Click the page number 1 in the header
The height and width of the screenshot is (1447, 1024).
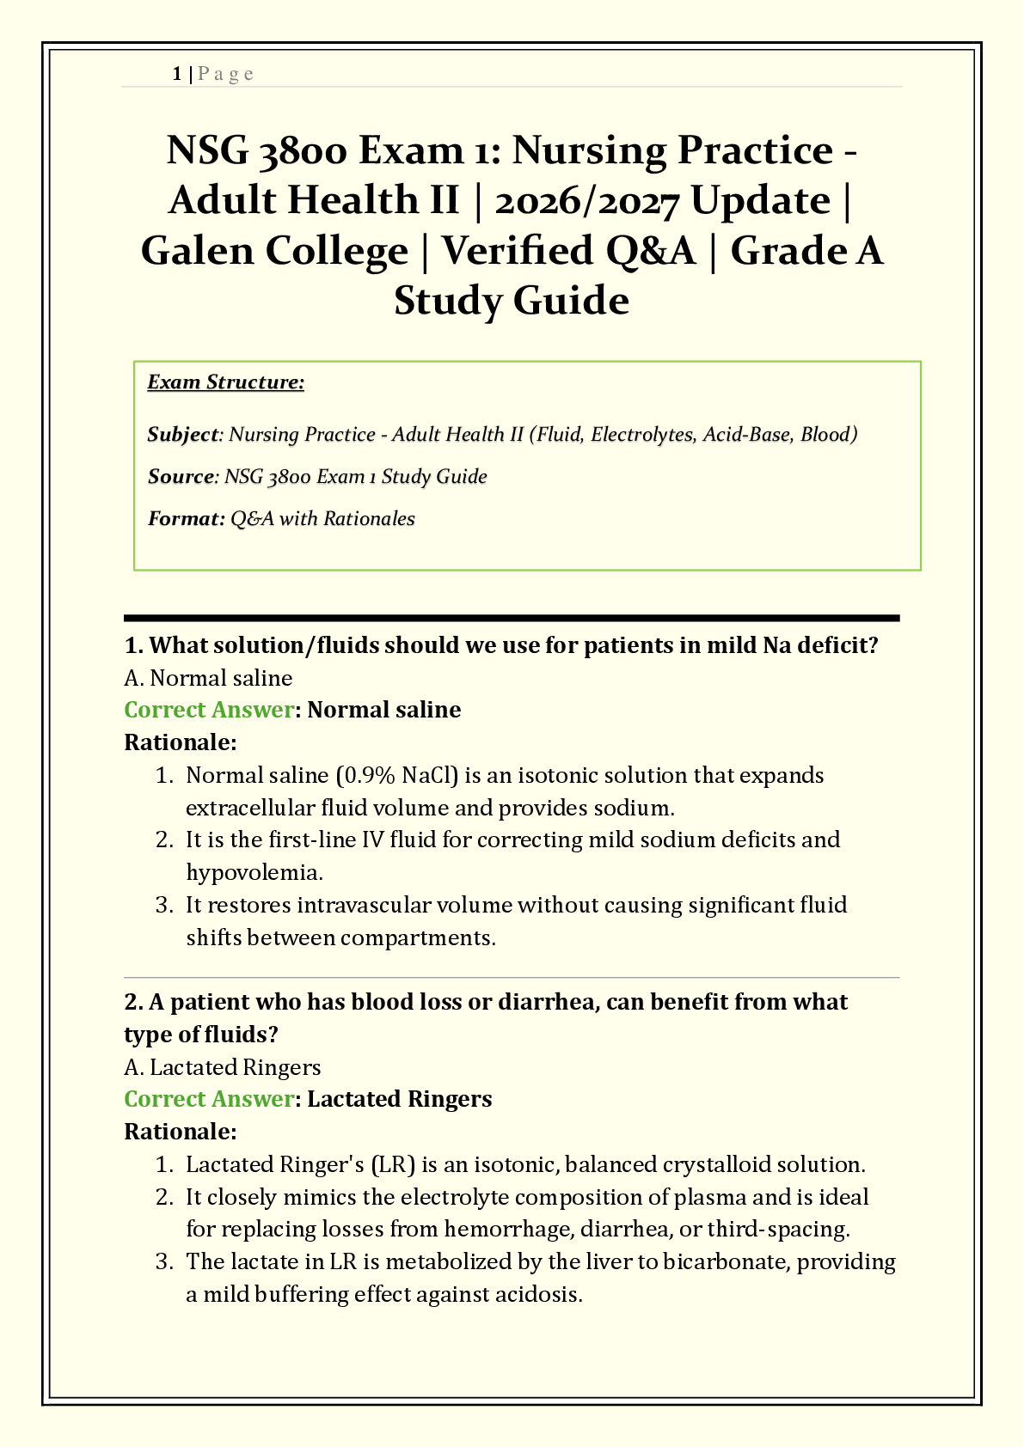[x=176, y=74]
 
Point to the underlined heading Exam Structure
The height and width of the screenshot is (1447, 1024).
[x=225, y=382]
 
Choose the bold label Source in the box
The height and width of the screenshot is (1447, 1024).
[x=181, y=476]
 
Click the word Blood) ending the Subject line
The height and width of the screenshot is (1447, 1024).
[x=829, y=434]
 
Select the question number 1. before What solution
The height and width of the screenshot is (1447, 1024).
[x=133, y=645]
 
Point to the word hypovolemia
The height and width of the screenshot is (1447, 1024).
[x=254, y=872]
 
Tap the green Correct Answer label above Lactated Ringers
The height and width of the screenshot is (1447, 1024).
[x=209, y=1099]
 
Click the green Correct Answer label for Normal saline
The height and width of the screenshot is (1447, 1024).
[x=209, y=710]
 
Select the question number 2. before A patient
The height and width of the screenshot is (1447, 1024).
[x=133, y=1002]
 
